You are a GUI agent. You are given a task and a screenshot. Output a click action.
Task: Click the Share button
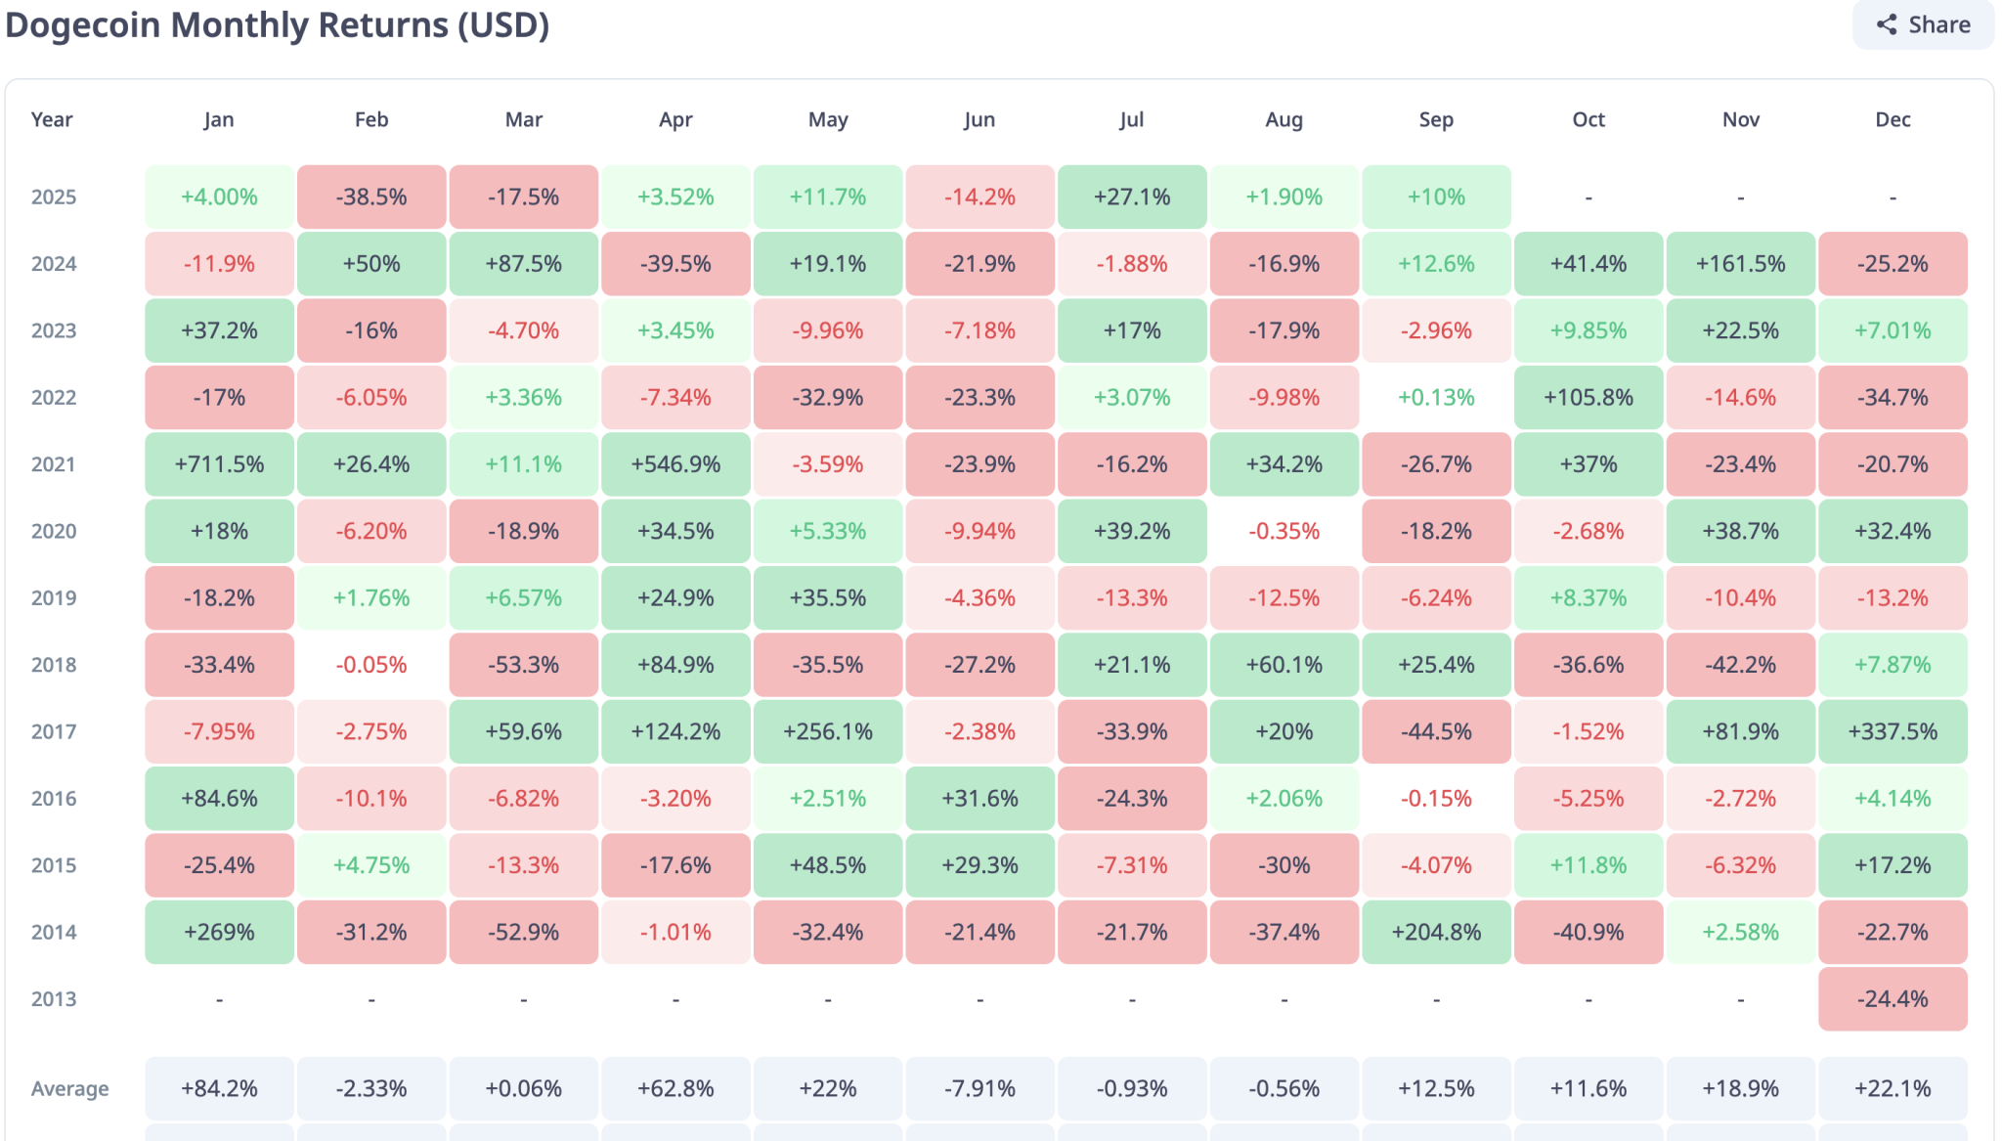(x=1923, y=24)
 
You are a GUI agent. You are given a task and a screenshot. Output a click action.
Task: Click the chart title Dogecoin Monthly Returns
(x=277, y=24)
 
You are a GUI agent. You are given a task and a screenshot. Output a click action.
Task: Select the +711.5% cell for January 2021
(x=219, y=464)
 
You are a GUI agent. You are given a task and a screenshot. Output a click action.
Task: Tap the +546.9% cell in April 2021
(x=675, y=464)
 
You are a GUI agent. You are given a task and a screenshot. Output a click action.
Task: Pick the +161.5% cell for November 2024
(x=1740, y=264)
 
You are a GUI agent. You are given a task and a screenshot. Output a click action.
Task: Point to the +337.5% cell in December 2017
(x=1893, y=731)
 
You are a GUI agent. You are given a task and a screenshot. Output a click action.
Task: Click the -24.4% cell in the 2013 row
(x=1893, y=999)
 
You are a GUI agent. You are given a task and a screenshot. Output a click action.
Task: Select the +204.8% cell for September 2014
(x=1436, y=932)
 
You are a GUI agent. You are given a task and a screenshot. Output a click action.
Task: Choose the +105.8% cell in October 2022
(x=1589, y=398)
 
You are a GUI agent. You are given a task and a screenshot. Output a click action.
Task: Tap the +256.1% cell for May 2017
(x=828, y=731)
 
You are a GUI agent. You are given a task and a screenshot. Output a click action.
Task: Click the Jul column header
(x=1131, y=119)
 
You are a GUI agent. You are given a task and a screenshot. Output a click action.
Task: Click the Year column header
(x=52, y=119)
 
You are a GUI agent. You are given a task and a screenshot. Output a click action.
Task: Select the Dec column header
(x=1893, y=119)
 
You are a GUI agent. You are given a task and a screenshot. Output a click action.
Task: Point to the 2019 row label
(x=54, y=598)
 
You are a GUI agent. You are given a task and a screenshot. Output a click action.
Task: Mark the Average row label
(x=69, y=1089)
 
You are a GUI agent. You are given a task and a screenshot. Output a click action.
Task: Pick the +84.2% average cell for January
(x=219, y=1089)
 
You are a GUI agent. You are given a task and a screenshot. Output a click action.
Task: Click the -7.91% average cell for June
(x=979, y=1089)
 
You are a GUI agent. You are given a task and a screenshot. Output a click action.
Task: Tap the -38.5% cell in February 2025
(x=371, y=197)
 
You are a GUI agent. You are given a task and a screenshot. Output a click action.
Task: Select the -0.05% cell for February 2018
(x=371, y=665)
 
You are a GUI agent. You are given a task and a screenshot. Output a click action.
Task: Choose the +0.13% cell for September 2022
(x=1436, y=398)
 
